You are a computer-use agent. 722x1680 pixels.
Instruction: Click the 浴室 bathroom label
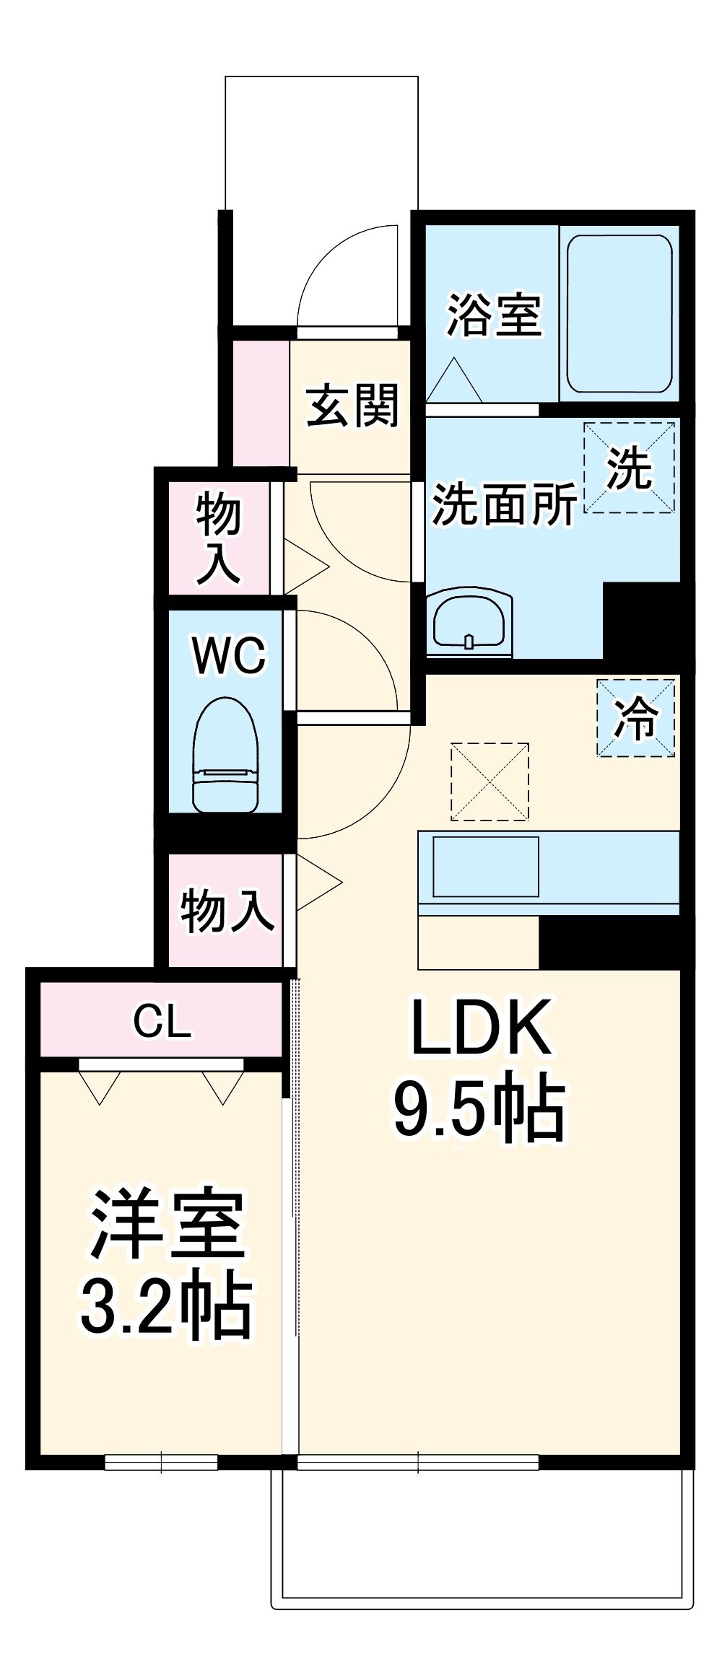point(494,315)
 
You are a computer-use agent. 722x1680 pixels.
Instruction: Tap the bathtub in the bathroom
point(619,314)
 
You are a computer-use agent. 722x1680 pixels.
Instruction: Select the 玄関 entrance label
point(352,405)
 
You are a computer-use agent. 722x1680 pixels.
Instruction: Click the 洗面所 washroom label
point(504,504)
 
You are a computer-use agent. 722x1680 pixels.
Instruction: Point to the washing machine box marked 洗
point(629,468)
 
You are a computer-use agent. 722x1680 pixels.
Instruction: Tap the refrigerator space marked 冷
point(635,718)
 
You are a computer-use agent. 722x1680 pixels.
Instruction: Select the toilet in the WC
point(225,755)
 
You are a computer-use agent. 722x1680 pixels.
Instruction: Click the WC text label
point(229,655)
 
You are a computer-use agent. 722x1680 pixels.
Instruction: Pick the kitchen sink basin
point(486,867)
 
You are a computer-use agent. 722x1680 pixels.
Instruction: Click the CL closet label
point(162,1021)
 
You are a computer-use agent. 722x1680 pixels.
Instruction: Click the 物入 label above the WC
point(218,537)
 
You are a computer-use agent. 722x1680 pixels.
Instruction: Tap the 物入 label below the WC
point(227,911)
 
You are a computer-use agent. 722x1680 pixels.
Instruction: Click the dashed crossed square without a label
point(490,782)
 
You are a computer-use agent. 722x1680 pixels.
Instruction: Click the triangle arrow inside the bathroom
point(454,380)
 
